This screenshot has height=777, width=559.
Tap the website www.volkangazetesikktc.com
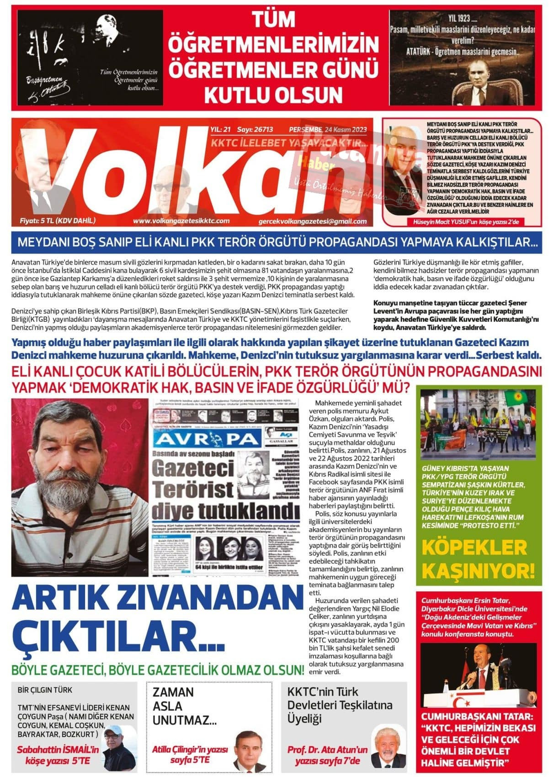(181, 221)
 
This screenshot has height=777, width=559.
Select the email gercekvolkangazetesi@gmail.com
(312, 222)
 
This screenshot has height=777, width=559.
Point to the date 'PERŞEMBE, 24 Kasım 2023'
(328, 130)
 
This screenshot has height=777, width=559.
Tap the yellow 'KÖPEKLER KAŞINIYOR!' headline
(478, 559)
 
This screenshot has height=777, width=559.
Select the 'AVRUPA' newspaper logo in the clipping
(208, 439)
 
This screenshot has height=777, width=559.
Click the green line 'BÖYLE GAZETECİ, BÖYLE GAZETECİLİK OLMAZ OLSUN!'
(158, 670)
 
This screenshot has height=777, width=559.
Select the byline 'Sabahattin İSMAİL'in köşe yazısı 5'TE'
(58, 755)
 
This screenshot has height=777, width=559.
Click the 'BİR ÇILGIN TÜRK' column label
(45, 690)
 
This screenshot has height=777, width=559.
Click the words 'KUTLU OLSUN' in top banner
(273, 95)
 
